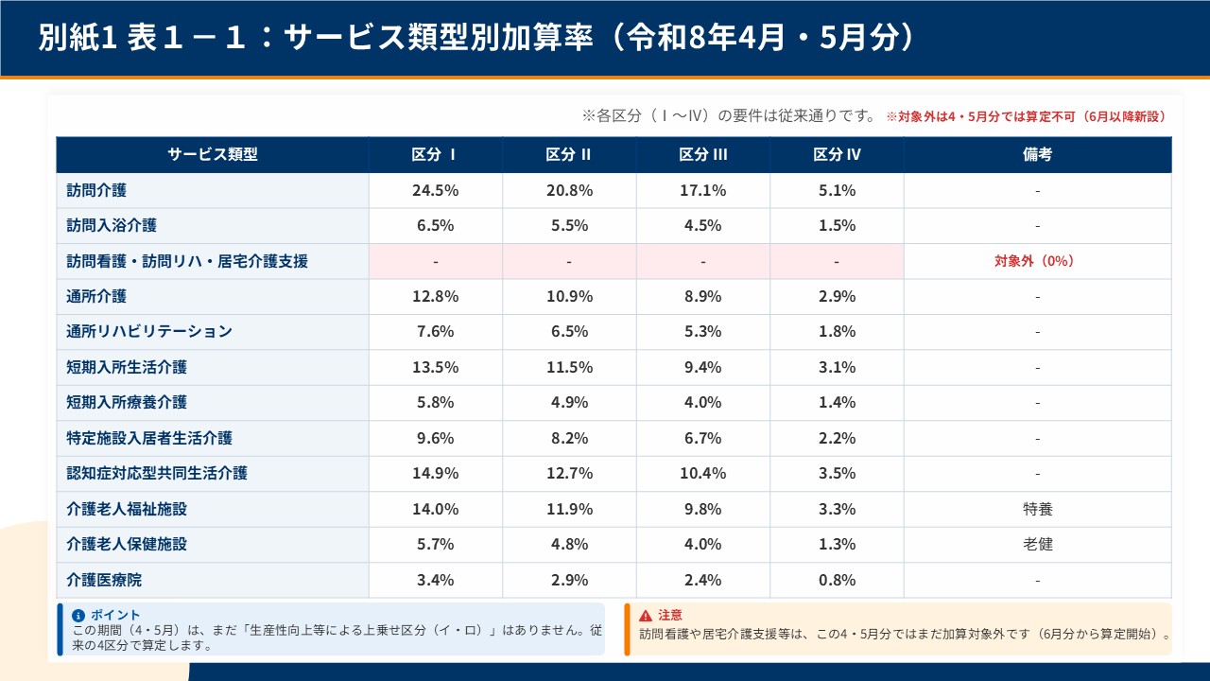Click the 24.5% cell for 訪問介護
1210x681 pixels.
(435, 190)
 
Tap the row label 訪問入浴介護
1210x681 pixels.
(112, 226)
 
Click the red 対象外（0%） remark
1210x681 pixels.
(1037, 261)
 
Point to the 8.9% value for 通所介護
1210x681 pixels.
(702, 296)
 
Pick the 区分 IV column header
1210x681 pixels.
(837, 155)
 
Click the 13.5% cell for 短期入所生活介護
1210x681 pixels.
(435, 367)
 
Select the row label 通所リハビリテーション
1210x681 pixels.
(149, 332)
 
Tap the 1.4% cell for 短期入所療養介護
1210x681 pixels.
(837, 403)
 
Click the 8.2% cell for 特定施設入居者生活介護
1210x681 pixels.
(569, 438)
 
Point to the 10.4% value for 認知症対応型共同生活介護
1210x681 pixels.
(702, 473)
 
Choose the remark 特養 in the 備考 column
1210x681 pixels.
(1037, 509)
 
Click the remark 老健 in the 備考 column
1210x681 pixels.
(1037, 544)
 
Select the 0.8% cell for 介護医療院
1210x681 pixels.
(837, 580)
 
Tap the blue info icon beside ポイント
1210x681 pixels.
(78, 615)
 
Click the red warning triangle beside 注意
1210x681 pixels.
(646, 616)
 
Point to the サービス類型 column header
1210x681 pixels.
(213, 155)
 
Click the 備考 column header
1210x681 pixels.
(1037, 155)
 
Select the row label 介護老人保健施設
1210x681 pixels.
(127, 544)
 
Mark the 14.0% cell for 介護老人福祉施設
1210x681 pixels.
(435, 509)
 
